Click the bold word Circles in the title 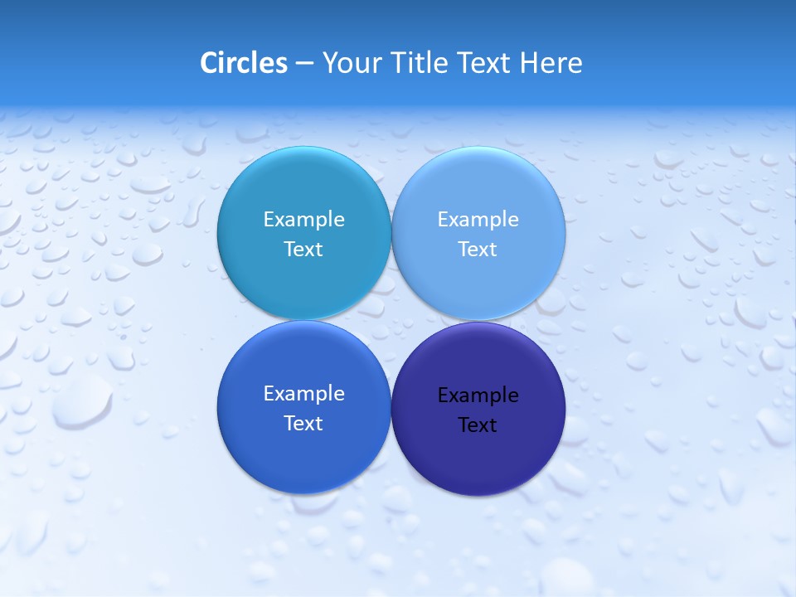[243, 62]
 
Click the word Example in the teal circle [303, 220]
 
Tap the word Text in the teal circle [303, 249]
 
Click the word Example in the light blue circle [478, 220]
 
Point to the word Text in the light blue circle [478, 249]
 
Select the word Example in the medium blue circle [303, 394]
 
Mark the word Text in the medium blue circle [303, 423]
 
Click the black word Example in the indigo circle [478, 396]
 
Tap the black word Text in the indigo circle [478, 425]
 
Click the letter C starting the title [209, 62]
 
